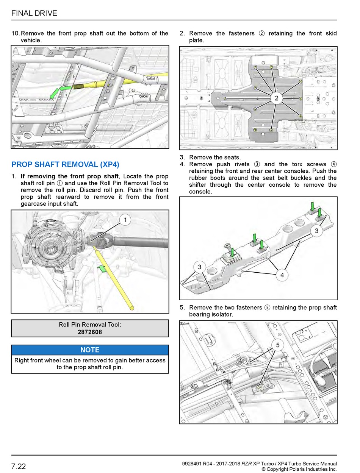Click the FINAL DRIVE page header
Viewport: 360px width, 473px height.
34,13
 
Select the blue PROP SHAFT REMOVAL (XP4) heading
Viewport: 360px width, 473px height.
65,164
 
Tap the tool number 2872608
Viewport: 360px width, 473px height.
90,332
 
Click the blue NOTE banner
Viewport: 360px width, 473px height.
90,350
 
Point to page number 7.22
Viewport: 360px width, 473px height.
19,466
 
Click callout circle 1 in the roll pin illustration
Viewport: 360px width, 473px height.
125,220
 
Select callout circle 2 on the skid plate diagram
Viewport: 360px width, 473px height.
276,98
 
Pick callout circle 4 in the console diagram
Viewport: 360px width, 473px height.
282,275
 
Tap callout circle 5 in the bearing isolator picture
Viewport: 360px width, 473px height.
278,345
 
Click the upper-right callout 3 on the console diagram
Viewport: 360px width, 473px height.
316,231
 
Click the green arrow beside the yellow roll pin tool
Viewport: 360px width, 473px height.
102,269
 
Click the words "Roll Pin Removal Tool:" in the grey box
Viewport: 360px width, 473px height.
90,325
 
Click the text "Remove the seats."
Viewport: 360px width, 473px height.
215,157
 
